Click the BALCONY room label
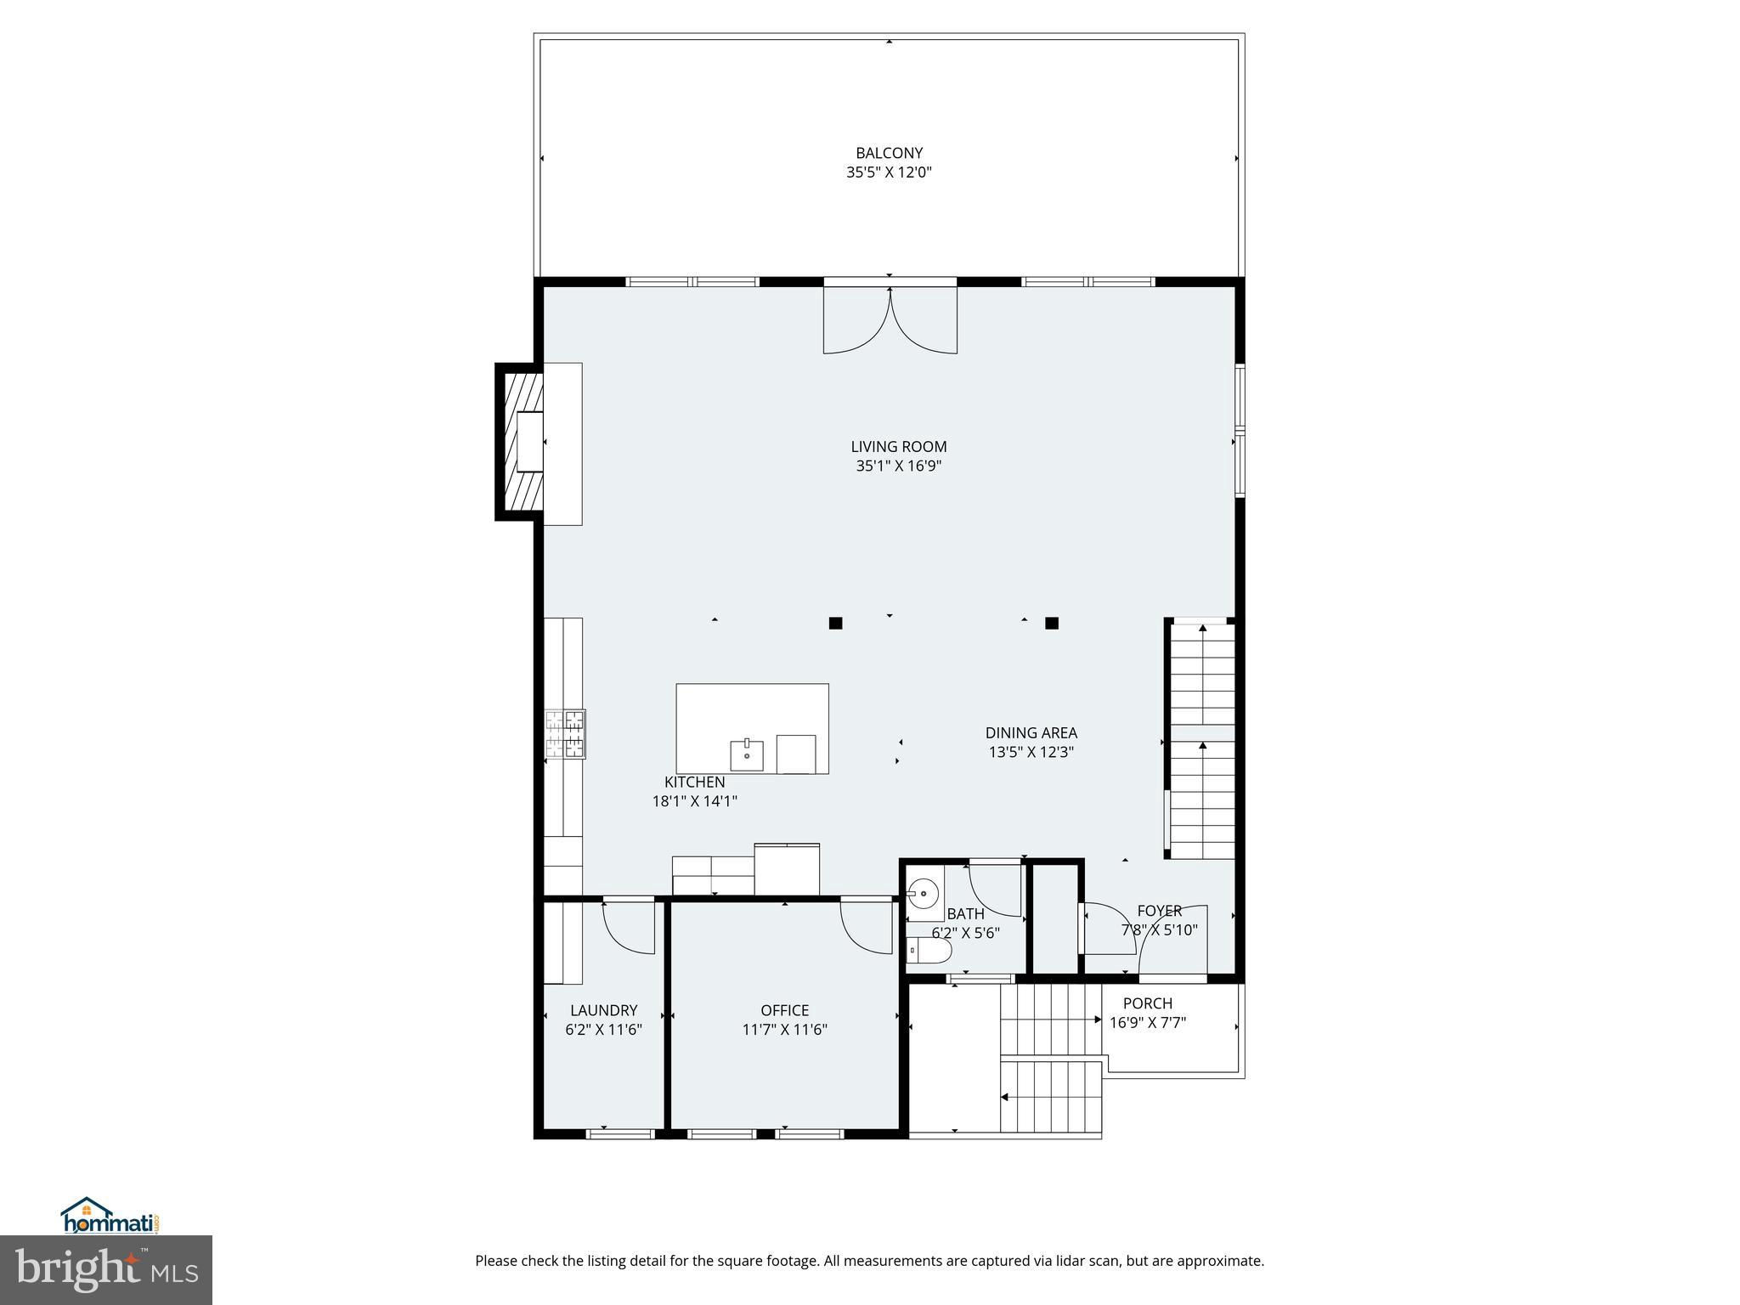(x=889, y=153)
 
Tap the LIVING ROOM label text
(x=899, y=446)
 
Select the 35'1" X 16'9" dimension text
(x=899, y=466)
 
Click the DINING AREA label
(x=1031, y=732)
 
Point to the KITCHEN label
(x=695, y=782)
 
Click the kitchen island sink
(x=747, y=754)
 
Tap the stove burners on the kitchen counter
(x=565, y=733)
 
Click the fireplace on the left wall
(x=521, y=442)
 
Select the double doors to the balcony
(x=890, y=319)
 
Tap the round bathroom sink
(x=923, y=894)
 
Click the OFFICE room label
(x=784, y=1010)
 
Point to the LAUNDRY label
(x=603, y=1010)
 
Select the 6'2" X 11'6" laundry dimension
(x=603, y=1030)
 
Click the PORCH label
(x=1148, y=1003)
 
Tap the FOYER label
(x=1160, y=911)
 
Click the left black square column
(x=835, y=623)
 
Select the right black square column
(x=1052, y=623)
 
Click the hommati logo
(x=110, y=1216)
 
